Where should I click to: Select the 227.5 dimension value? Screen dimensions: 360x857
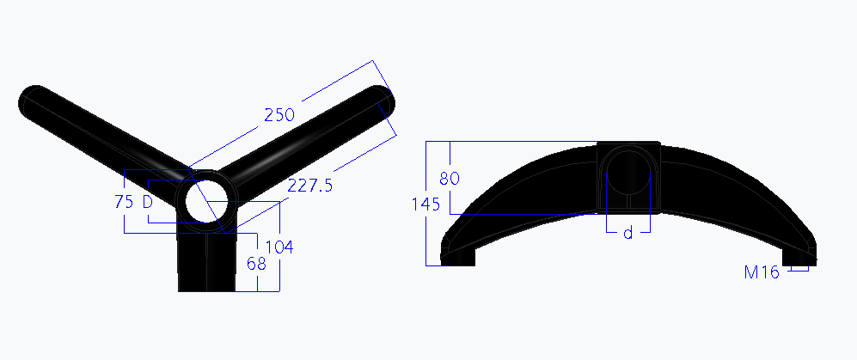310,186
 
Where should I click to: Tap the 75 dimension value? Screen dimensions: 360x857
124,202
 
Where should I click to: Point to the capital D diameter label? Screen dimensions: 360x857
147,202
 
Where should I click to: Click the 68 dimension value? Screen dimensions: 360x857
255,263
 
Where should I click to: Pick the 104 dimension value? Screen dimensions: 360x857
279,247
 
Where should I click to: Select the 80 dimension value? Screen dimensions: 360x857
450,179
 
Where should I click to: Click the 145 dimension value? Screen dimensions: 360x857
425,204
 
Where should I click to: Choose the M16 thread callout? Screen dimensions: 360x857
762,272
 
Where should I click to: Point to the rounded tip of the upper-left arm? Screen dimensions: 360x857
33,101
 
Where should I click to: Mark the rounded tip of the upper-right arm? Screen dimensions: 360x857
381,100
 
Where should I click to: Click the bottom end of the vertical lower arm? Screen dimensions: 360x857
206,285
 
